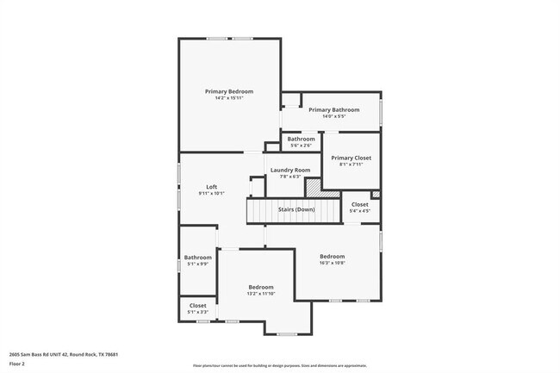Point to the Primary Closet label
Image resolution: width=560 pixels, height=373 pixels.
[351, 158]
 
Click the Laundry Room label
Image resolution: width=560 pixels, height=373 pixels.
[289, 170]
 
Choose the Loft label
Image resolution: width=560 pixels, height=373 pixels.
[211, 187]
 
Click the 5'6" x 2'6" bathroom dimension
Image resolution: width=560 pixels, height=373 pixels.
[301, 146]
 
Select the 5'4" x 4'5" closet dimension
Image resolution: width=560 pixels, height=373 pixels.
[359, 210]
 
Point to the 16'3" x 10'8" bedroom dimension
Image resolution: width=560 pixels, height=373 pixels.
[332, 263]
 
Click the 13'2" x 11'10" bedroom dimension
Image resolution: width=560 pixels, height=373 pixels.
[261, 294]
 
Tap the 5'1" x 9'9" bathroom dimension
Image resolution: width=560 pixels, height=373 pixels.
[197, 264]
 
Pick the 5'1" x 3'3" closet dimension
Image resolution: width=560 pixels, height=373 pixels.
[197, 312]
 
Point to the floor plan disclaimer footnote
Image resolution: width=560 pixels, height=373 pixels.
[279, 366]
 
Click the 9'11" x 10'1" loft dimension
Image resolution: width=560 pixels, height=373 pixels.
[211, 194]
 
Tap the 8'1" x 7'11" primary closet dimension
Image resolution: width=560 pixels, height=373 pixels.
[351, 165]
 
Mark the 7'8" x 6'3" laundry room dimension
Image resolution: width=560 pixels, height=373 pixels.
[289, 177]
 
